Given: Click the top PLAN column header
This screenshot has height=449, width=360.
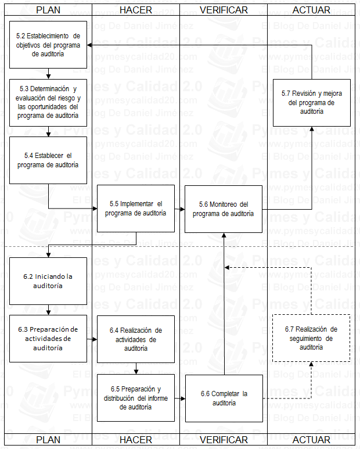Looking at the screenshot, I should click(x=48, y=10).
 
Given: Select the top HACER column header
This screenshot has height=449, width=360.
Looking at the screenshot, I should click(x=135, y=10).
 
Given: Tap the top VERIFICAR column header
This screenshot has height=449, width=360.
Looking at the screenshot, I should click(x=224, y=10).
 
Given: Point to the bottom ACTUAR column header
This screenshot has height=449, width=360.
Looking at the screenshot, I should click(x=311, y=440).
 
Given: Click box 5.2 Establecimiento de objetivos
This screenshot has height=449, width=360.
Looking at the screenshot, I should click(x=48, y=44).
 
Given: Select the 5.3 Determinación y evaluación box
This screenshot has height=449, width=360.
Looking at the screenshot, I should click(x=48, y=102).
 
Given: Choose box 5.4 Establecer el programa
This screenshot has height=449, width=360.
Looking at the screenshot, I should click(x=48, y=160).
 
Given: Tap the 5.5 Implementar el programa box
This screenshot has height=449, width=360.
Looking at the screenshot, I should click(x=136, y=209).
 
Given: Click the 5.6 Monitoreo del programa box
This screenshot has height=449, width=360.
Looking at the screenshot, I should click(x=224, y=209).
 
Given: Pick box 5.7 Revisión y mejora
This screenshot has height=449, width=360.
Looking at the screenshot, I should click(x=312, y=102).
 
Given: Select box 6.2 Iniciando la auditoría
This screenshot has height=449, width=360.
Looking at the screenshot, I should click(x=48, y=281).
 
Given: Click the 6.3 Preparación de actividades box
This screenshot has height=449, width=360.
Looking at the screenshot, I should click(x=48, y=339).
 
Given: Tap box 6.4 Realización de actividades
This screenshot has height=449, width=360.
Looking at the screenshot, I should click(x=136, y=339).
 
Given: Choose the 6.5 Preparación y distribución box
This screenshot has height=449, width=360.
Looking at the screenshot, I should click(x=136, y=398).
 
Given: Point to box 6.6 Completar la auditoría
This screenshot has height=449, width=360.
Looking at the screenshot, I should click(x=224, y=398).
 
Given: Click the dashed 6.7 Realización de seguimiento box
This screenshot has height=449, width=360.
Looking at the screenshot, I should click(x=312, y=338).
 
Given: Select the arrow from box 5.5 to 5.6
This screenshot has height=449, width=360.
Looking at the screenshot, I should click(x=180, y=209).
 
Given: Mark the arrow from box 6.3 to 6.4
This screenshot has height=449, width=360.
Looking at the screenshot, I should click(x=92, y=339).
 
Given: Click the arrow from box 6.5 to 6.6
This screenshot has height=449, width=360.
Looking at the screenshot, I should click(x=180, y=398).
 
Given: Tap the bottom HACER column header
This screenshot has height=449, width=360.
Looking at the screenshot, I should click(x=135, y=440).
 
